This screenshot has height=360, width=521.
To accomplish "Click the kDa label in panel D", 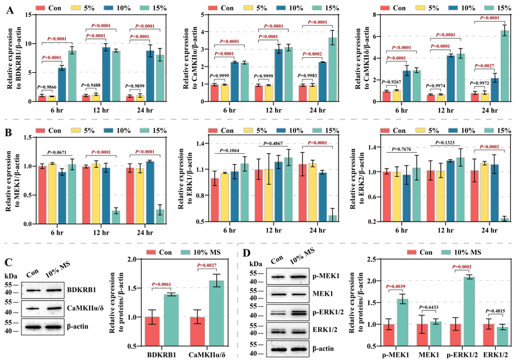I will (x=256, y=265).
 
